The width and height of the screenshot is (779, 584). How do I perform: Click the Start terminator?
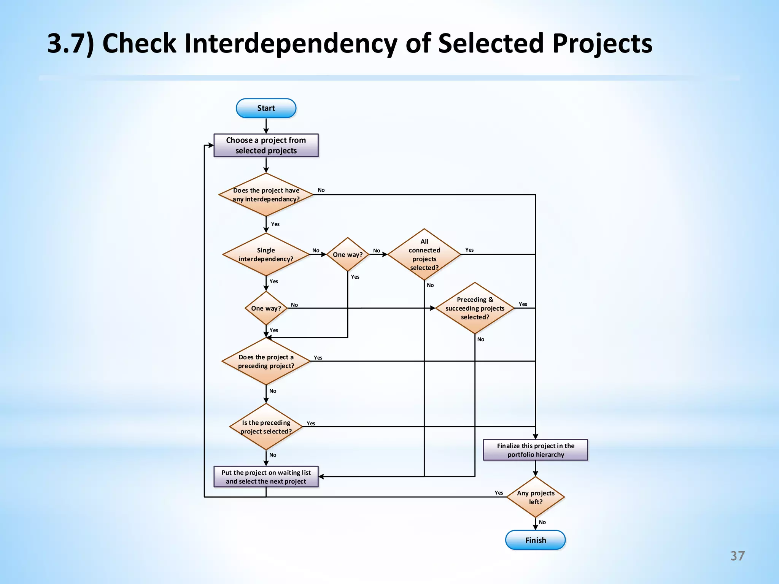pyautogui.click(x=266, y=108)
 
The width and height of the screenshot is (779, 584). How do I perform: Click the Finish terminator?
pyautogui.click(x=535, y=540)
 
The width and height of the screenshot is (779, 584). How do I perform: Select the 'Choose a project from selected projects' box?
pyautogui.click(x=266, y=145)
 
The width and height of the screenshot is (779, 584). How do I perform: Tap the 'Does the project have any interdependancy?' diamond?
pyautogui.click(x=266, y=195)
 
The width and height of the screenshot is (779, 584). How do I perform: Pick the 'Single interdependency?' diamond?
pyautogui.click(x=266, y=254)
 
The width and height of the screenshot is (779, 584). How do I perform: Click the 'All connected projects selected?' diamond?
pyautogui.click(x=424, y=254)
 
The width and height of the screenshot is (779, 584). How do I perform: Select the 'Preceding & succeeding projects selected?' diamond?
pyautogui.click(x=475, y=308)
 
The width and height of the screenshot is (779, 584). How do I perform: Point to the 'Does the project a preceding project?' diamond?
pyautogui.click(x=266, y=361)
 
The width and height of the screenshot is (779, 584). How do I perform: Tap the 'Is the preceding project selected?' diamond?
pyautogui.click(x=266, y=427)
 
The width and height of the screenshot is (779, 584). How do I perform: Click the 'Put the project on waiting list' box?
pyautogui.click(x=266, y=477)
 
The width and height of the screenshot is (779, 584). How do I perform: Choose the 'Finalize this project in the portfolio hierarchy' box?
pyautogui.click(x=535, y=450)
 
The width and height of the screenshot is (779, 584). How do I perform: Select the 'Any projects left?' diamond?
pyautogui.click(x=535, y=497)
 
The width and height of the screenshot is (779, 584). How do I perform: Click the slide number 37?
pyautogui.click(x=737, y=556)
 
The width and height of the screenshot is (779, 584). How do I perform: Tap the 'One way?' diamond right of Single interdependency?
pyautogui.click(x=348, y=254)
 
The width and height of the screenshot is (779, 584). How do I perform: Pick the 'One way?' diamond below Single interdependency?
pyautogui.click(x=266, y=308)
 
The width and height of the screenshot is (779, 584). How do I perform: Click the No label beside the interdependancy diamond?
pyautogui.click(x=321, y=190)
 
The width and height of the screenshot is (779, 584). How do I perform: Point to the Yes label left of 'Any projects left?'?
pyautogui.click(x=499, y=493)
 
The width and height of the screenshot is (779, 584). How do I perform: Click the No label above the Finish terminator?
pyautogui.click(x=542, y=522)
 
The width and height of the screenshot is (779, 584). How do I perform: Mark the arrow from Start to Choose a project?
pyautogui.click(x=266, y=126)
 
